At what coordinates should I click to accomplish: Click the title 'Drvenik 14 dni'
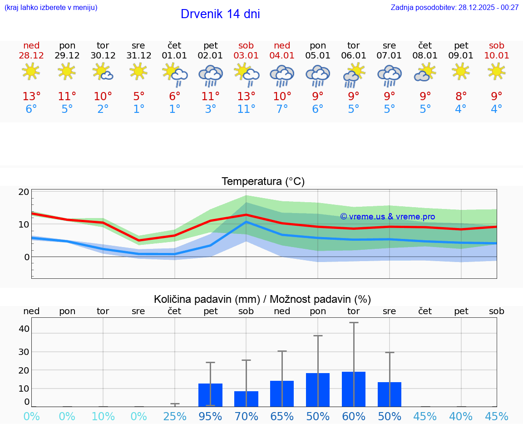point(220,14)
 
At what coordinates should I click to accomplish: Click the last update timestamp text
point(454,7)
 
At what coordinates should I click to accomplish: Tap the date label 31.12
point(138,56)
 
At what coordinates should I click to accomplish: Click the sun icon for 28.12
point(31,71)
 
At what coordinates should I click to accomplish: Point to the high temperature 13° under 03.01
point(246,97)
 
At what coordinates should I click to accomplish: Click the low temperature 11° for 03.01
point(246,109)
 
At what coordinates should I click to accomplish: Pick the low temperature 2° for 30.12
point(103,109)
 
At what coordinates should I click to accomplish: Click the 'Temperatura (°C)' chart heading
point(263,182)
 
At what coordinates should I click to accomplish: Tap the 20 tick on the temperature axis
point(24,192)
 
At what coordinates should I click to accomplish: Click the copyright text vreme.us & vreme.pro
point(387,217)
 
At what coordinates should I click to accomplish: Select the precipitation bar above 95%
point(210,395)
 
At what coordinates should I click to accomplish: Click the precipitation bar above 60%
point(354,389)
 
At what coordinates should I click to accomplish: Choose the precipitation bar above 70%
point(246,399)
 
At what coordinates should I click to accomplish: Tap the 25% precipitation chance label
point(175,417)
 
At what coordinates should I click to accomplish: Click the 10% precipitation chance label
point(103,417)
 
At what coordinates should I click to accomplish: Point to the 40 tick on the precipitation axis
point(24,329)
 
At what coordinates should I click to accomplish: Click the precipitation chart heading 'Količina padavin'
point(262,299)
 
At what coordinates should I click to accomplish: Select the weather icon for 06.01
point(354,75)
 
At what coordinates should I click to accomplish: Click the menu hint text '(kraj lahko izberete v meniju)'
point(51,7)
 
